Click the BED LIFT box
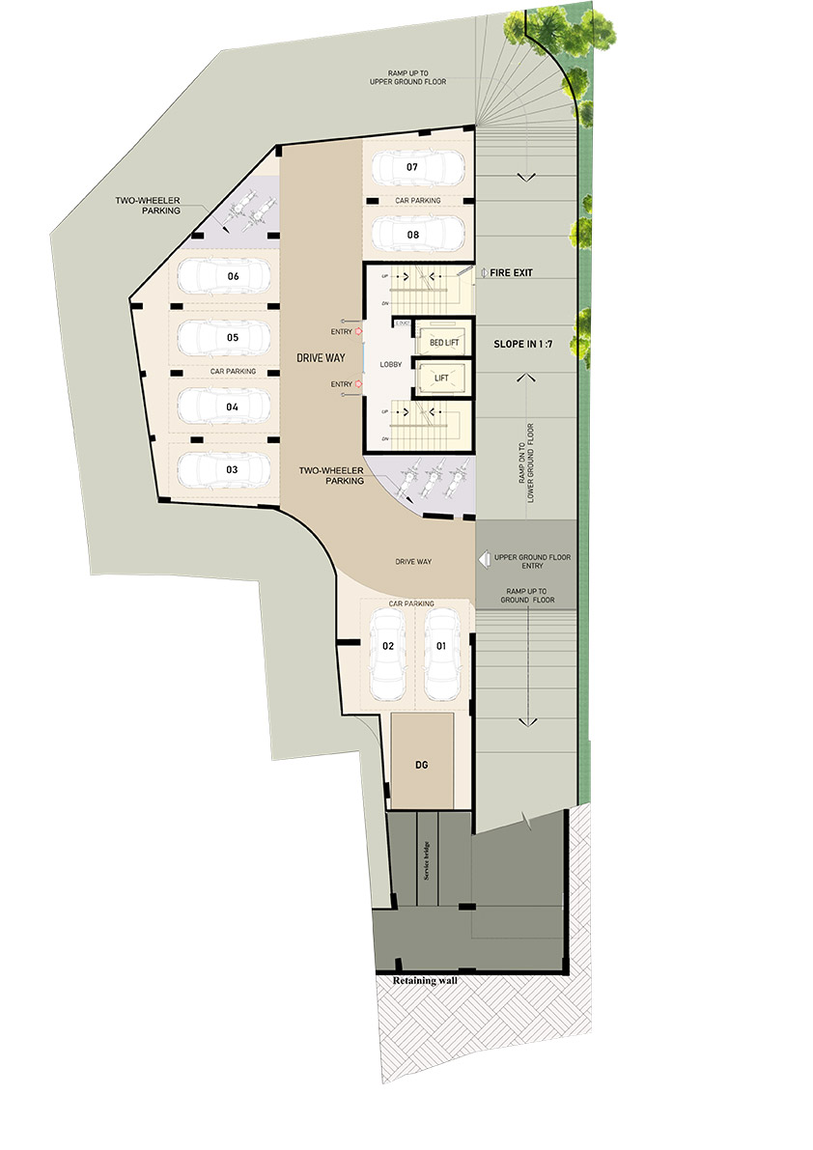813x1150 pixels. pos(444,341)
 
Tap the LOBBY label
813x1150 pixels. pos(390,363)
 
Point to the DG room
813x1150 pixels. pos(421,763)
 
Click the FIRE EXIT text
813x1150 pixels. pos(511,273)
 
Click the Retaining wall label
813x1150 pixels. pos(424,981)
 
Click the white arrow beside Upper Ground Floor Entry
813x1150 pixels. pos(485,559)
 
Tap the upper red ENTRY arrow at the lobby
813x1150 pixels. pos(358,331)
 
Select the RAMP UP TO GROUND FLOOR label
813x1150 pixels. pos(526,595)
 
